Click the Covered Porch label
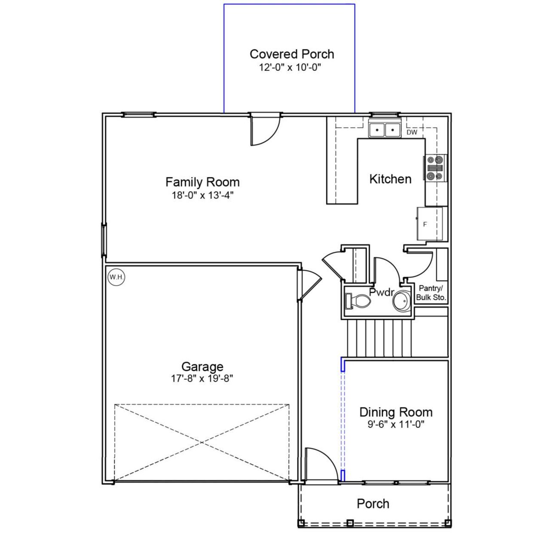[x=292, y=54]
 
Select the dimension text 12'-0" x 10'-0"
[x=290, y=67]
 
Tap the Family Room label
[x=202, y=182]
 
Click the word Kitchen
[x=390, y=179]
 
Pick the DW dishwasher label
[x=412, y=132]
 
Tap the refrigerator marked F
[x=429, y=224]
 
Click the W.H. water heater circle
[x=116, y=277]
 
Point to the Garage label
[x=202, y=367]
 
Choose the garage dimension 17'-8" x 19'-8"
[x=202, y=379]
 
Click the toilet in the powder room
[x=358, y=301]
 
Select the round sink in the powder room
[x=402, y=301]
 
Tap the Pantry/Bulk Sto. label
[x=431, y=293]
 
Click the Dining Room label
[x=396, y=412]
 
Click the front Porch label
[x=373, y=504]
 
